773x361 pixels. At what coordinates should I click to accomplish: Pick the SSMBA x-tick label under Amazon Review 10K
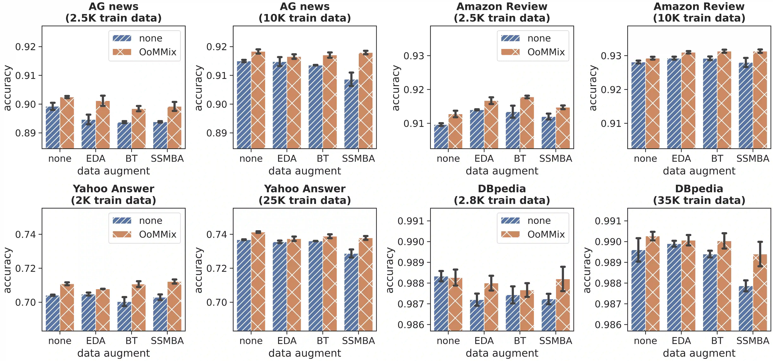pos(753,159)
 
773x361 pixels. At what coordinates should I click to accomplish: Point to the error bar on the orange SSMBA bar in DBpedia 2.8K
pos(563,279)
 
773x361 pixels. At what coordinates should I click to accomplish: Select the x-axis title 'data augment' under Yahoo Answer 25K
pos(305,353)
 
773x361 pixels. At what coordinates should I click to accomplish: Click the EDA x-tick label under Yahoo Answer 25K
pos(287,341)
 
